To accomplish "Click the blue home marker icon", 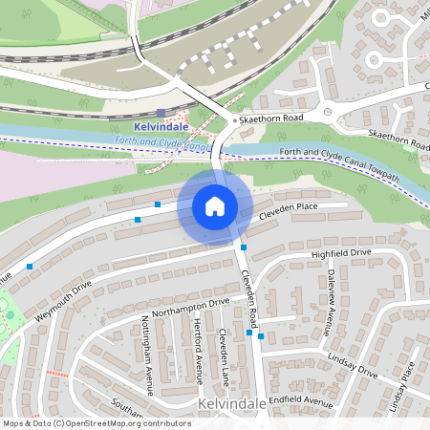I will (x=215, y=206).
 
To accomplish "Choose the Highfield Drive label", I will (x=341, y=253).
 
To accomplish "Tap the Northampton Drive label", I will (x=191, y=307).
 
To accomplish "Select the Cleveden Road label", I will (x=249, y=295).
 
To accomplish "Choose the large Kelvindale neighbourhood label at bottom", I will (x=232, y=405).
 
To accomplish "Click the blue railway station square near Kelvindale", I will (x=161, y=113).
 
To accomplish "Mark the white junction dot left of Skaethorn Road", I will (x=235, y=120).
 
